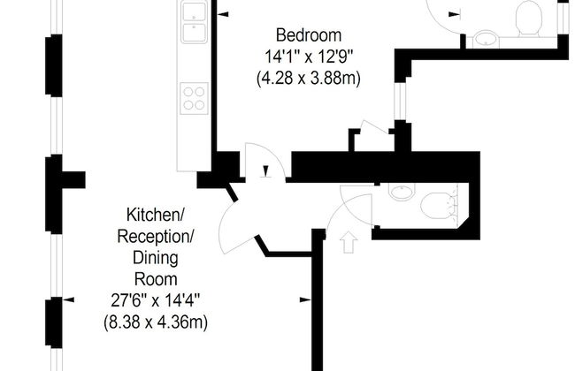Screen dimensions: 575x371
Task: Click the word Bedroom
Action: point(309,35)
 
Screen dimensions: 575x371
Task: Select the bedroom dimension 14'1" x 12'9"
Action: point(309,57)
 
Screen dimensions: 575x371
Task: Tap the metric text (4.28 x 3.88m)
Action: point(309,79)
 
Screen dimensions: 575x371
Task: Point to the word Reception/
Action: point(155,237)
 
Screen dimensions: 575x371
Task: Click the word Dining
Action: point(156,258)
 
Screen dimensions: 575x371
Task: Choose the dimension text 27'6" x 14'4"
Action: point(156,301)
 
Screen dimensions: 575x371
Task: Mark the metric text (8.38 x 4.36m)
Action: point(156,322)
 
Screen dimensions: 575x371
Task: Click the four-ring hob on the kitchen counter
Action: point(194,99)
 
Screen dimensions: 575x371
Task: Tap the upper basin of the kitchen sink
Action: point(194,11)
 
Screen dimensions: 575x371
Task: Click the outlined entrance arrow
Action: point(349,242)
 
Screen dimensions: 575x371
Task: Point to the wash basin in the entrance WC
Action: point(402,192)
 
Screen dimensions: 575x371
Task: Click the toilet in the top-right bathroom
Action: point(529,19)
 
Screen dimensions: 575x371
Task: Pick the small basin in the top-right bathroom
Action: point(486,40)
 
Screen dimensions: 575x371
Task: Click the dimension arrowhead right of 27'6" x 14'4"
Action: point(305,300)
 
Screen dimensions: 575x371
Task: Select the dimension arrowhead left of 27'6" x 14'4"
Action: point(69,300)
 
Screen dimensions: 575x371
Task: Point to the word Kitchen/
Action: point(155,216)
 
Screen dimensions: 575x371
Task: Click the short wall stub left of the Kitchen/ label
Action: point(73,180)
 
